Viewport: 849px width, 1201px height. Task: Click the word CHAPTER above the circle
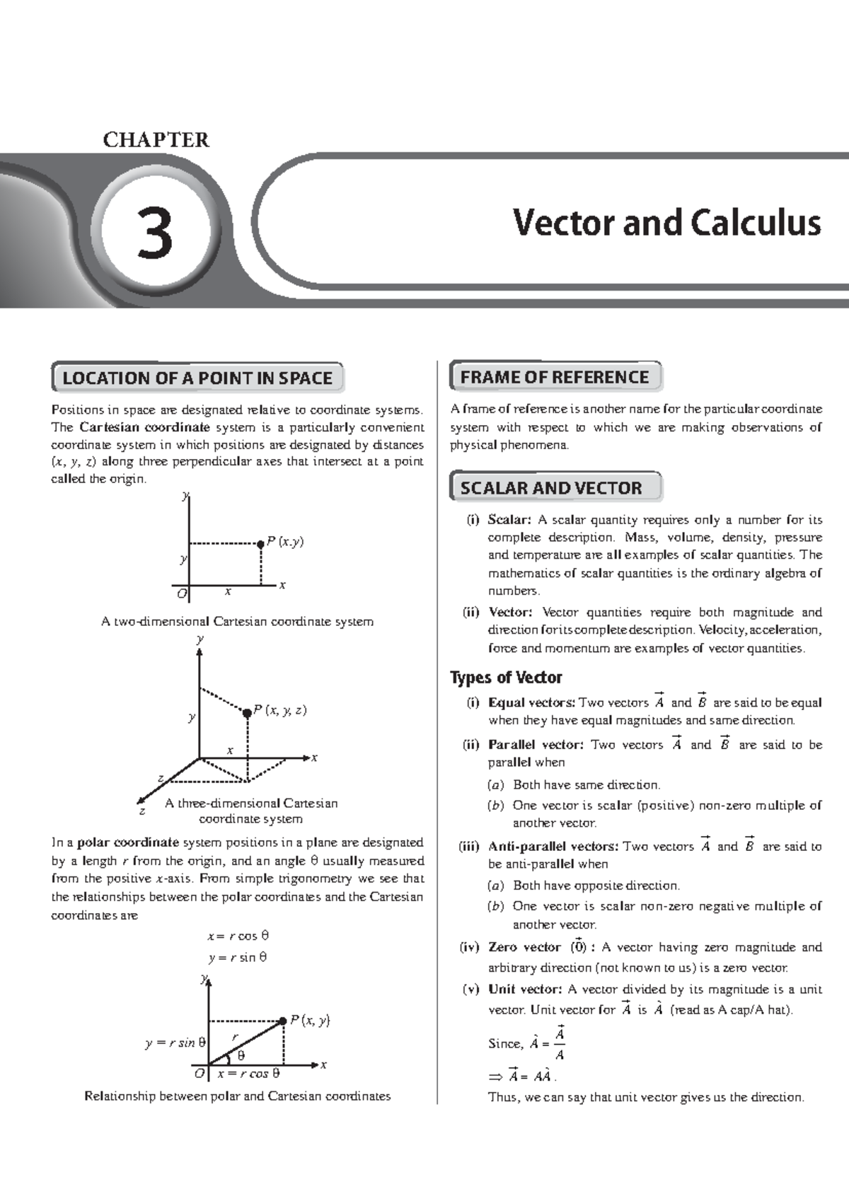(x=156, y=140)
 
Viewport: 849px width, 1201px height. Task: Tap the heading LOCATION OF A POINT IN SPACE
(x=197, y=378)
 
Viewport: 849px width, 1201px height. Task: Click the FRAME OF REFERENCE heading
(x=555, y=377)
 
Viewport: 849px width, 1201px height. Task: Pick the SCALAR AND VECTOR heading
(x=551, y=487)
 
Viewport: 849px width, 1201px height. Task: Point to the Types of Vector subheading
(x=506, y=678)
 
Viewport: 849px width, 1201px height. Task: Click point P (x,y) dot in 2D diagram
(x=261, y=543)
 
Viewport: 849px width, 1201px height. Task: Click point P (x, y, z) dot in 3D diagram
(x=247, y=713)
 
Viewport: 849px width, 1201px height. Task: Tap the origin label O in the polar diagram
(x=200, y=1074)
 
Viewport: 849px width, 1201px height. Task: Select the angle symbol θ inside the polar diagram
(x=241, y=1055)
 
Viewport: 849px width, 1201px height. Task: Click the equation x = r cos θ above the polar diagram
(x=238, y=936)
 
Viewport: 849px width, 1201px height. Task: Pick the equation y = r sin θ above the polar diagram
(x=238, y=958)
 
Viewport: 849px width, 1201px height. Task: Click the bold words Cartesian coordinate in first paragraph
(x=144, y=427)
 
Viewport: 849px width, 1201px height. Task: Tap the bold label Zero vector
(x=524, y=947)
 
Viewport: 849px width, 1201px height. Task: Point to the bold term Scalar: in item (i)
(x=509, y=520)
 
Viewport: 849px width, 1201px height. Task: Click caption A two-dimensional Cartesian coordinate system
(x=237, y=622)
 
